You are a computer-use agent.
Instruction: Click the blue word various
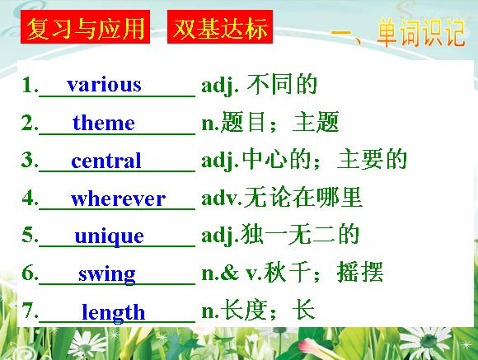point(104,84)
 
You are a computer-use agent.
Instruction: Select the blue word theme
point(104,123)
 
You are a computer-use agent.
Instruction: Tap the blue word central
point(106,161)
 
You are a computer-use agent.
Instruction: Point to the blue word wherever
point(119,199)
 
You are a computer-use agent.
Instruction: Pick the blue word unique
point(109,236)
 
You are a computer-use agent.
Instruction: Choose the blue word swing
point(107,275)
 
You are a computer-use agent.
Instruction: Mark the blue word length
point(114,312)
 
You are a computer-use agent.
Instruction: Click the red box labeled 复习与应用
point(86,27)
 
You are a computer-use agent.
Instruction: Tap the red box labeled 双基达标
point(220,27)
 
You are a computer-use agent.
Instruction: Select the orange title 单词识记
point(420,33)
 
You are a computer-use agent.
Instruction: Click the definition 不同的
point(283,84)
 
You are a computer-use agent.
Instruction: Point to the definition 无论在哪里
point(303,198)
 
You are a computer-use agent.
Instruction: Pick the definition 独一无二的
point(300,235)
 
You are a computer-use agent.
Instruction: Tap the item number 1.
point(30,84)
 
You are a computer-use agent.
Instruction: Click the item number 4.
point(30,199)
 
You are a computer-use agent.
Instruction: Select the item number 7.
point(30,311)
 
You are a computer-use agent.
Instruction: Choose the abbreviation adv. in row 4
point(222,199)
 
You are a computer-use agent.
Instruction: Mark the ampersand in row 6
point(229,273)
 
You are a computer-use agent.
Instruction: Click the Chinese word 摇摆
point(360,272)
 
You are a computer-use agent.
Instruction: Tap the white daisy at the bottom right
point(428,343)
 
